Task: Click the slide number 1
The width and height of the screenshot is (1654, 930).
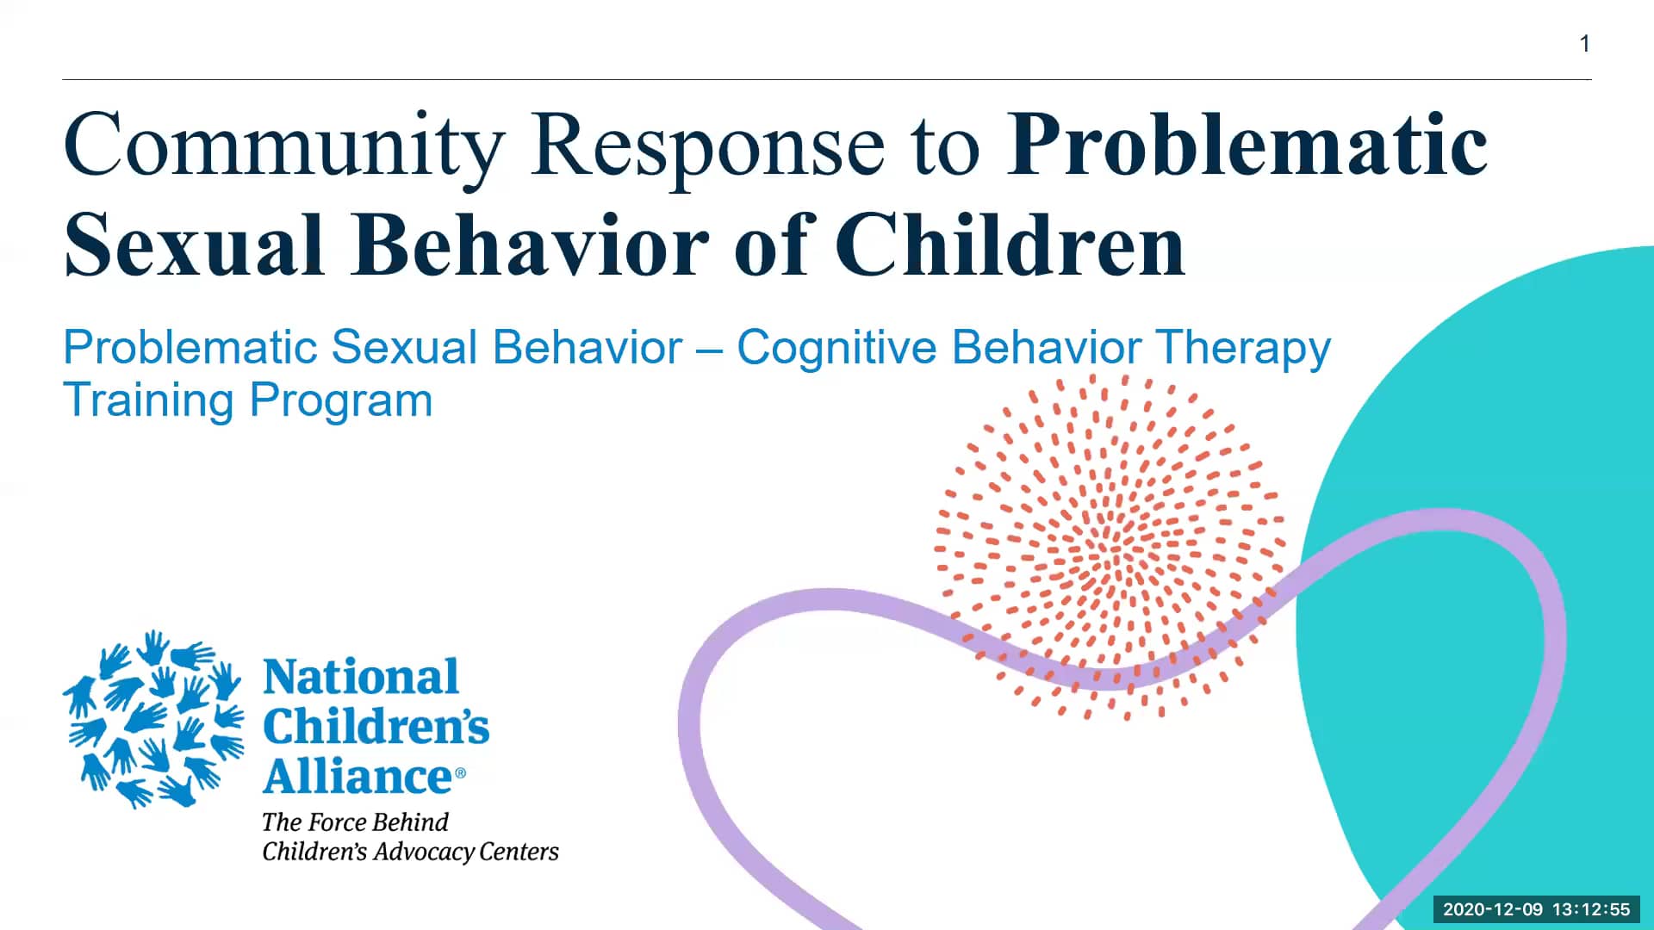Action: (x=1584, y=44)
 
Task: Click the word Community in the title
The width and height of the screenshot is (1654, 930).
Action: (x=283, y=145)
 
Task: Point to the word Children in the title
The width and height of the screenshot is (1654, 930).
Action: (x=1010, y=246)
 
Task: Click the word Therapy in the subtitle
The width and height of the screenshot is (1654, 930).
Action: (x=1243, y=348)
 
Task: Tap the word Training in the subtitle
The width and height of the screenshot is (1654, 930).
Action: (x=148, y=400)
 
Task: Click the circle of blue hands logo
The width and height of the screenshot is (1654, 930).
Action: (x=153, y=720)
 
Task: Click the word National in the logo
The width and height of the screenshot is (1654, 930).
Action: (x=360, y=677)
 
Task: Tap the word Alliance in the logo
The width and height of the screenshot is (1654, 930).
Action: (x=357, y=777)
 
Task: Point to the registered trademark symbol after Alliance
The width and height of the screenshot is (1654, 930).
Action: (x=460, y=773)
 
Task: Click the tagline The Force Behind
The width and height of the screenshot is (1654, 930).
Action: (x=355, y=822)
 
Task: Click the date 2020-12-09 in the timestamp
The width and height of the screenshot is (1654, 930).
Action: (x=1492, y=909)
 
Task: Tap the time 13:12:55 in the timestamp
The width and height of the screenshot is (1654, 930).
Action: (x=1591, y=909)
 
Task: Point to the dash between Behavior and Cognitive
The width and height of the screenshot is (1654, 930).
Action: (x=709, y=350)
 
